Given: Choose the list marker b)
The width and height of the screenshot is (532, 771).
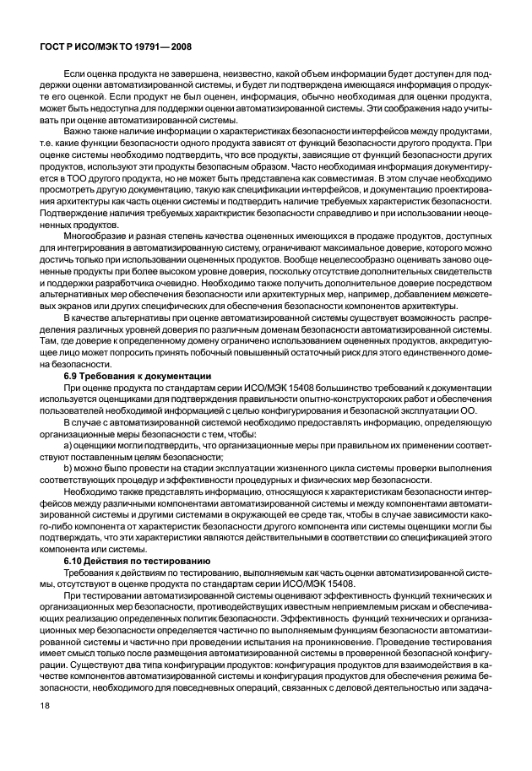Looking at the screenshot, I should point(68,468).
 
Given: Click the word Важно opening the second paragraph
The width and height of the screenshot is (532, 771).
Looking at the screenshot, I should point(80,131).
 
